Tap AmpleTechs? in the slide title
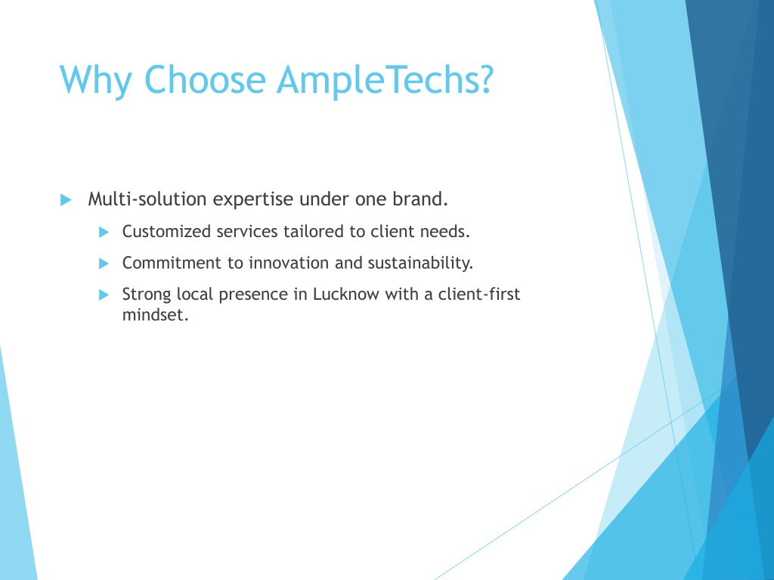point(385,80)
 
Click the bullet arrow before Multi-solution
point(67,199)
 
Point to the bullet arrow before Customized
point(104,232)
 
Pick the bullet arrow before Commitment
point(104,264)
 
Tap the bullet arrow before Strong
point(104,295)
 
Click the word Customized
point(166,231)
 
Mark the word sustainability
point(420,264)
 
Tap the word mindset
point(156,315)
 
